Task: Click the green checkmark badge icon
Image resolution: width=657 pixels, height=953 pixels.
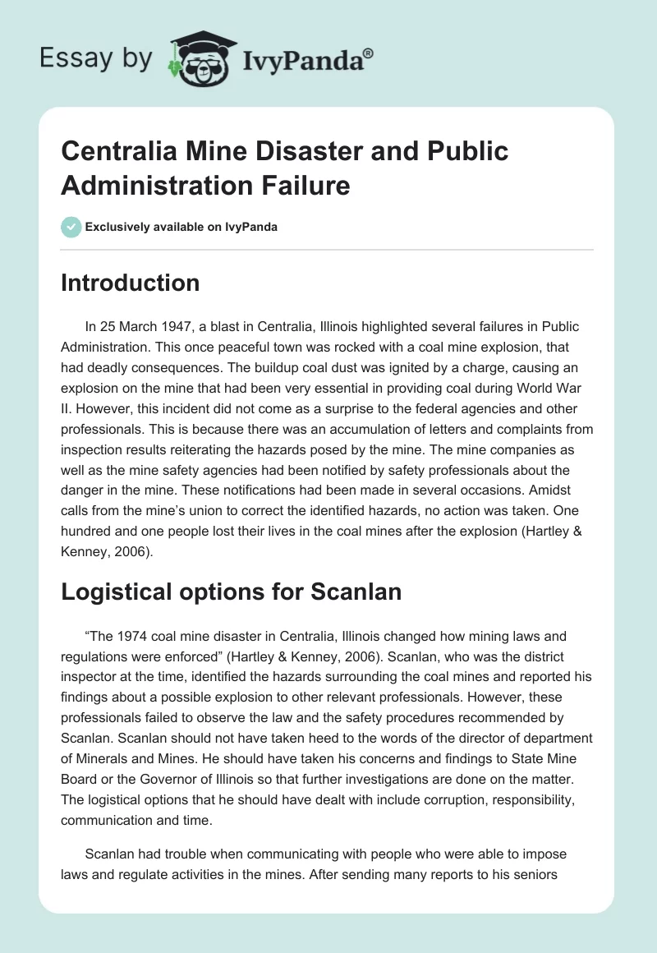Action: click(71, 227)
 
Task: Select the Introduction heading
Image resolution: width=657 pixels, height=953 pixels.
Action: click(131, 283)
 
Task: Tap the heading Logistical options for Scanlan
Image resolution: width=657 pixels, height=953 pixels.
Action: click(231, 592)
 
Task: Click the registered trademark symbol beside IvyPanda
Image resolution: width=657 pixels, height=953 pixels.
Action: click(369, 52)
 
